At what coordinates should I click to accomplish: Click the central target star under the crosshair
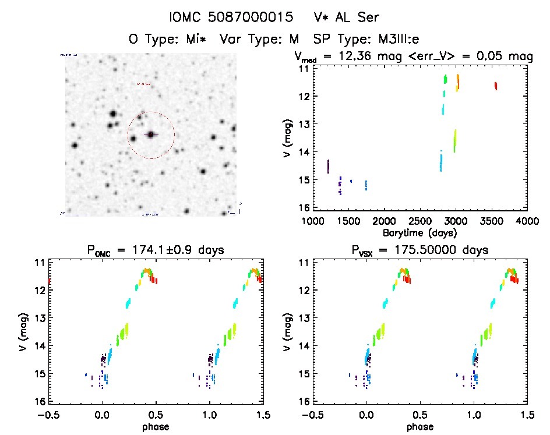[151, 135]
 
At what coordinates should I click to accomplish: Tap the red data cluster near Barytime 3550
[496, 86]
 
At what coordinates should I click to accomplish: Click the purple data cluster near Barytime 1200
[328, 167]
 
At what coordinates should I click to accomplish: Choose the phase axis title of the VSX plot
[419, 427]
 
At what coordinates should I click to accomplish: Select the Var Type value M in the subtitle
[294, 40]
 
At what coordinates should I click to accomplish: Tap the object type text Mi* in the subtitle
[200, 40]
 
